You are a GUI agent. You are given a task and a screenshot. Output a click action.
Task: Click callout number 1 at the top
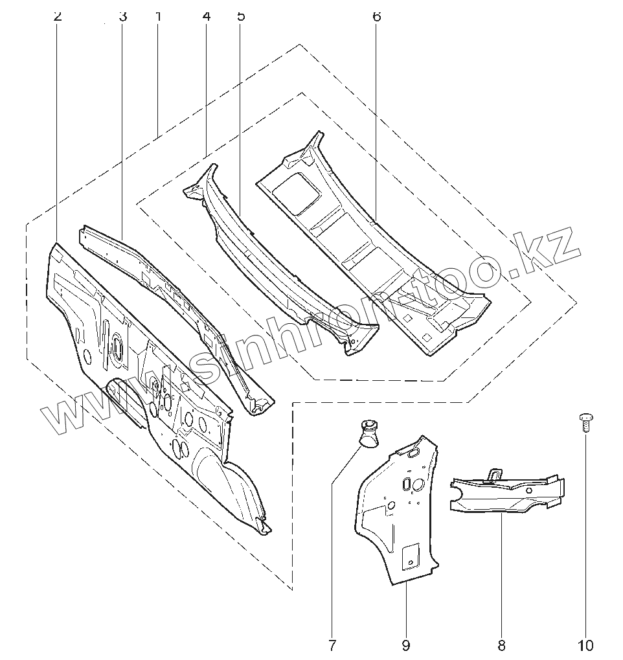pyautogui.click(x=158, y=16)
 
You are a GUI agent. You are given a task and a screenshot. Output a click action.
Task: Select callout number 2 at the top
pyautogui.click(x=58, y=16)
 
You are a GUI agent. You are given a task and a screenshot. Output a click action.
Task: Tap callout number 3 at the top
pyautogui.click(x=122, y=16)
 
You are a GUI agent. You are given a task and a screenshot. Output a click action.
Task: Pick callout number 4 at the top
pyautogui.click(x=207, y=16)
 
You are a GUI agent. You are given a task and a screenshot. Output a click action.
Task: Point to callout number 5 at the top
pyautogui.click(x=241, y=16)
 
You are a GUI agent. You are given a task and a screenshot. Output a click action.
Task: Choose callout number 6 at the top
pyautogui.click(x=377, y=16)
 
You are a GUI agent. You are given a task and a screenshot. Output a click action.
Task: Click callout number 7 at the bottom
pyautogui.click(x=332, y=645)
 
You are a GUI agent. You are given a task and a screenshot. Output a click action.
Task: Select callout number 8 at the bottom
pyautogui.click(x=502, y=645)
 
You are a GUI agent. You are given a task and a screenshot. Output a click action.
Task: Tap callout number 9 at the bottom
pyautogui.click(x=405, y=645)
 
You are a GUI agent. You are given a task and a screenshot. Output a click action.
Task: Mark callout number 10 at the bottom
pyautogui.click(x=585, y=645)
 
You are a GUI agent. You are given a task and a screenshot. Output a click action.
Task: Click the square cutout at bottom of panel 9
pyautogui.click(x=411, y=555)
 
